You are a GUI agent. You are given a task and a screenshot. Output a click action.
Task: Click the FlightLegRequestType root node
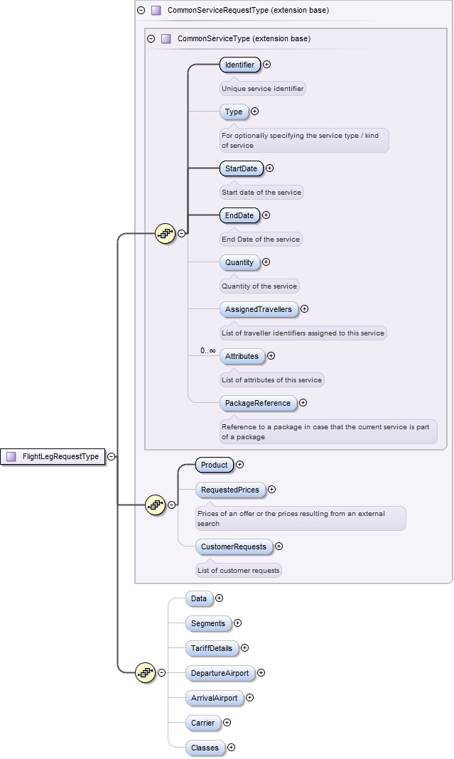click(x=53, y=457)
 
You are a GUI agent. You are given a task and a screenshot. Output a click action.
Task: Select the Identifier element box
click(x=239, y=65)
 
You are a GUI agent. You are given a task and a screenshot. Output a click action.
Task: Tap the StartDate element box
click(x=241, y=168)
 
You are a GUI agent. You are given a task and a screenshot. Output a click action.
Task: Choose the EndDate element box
click(x=239, y=215)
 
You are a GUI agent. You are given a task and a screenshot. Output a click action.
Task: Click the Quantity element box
click(x=239, y=262)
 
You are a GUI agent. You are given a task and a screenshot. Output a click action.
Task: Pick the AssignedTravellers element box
click(x=258, y=309)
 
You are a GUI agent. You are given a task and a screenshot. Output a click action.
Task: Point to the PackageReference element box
click(x=257, y=403)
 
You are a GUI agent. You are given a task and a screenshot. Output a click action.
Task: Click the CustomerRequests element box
click(x=234, y=547)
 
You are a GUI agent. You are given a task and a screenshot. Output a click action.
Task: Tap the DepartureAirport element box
click(x=219, y=672)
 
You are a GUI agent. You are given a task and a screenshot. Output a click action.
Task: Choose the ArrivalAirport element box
click(x=214, y=698)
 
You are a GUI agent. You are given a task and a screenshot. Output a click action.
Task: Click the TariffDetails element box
click(x=211, y=648)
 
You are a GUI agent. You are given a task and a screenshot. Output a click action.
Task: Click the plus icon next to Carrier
click(x=227, y=723)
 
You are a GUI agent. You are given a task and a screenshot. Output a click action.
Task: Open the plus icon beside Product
click(x=239, y=465)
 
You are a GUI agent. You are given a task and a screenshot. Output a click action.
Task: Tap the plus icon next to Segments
click(x=237, y=623)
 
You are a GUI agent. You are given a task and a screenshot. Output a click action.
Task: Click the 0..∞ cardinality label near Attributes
click(x=207, y=350)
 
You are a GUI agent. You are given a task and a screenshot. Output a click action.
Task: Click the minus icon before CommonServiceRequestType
click(x=141, y=11)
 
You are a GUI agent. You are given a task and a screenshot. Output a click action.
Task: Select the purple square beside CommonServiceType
click(x=166, y=39)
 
